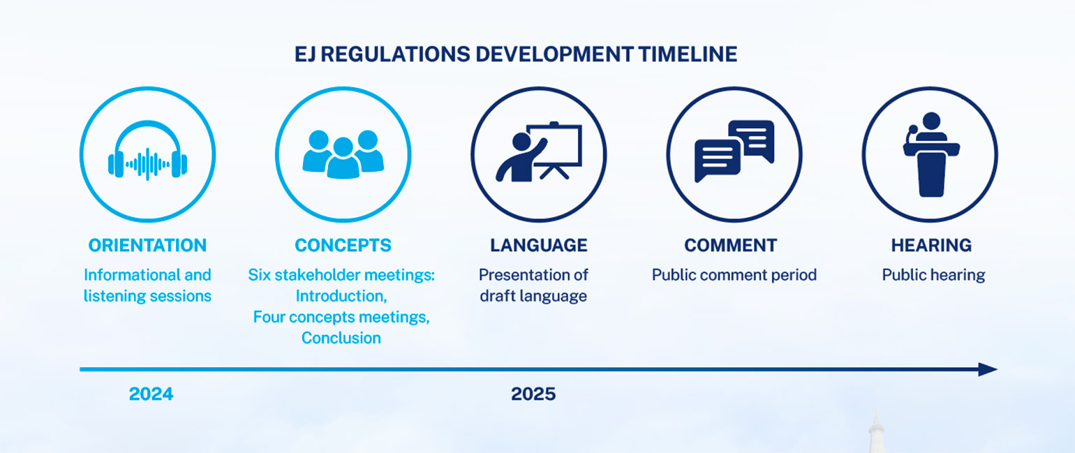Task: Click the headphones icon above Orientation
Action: pos(147,154)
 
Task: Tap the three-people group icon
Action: pos(343,154)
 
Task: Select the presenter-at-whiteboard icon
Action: pos(538,154)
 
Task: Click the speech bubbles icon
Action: pos(734,151)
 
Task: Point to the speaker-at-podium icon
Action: pos(931,154)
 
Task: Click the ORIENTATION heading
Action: pos(147,246)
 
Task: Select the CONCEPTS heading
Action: pos(343,246)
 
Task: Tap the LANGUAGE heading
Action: pos(538,246)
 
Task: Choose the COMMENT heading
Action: pos(730,246)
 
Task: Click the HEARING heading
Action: pos(931,246)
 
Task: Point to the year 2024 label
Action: pos(151,394)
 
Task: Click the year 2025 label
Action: pos(533,394)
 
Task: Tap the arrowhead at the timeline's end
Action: pos(988,369)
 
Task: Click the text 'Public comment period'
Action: pos(734,275)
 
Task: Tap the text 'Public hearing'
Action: pos(933,275)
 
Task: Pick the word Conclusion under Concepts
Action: pos(341,338)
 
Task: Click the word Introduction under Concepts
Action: pos(341,296)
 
